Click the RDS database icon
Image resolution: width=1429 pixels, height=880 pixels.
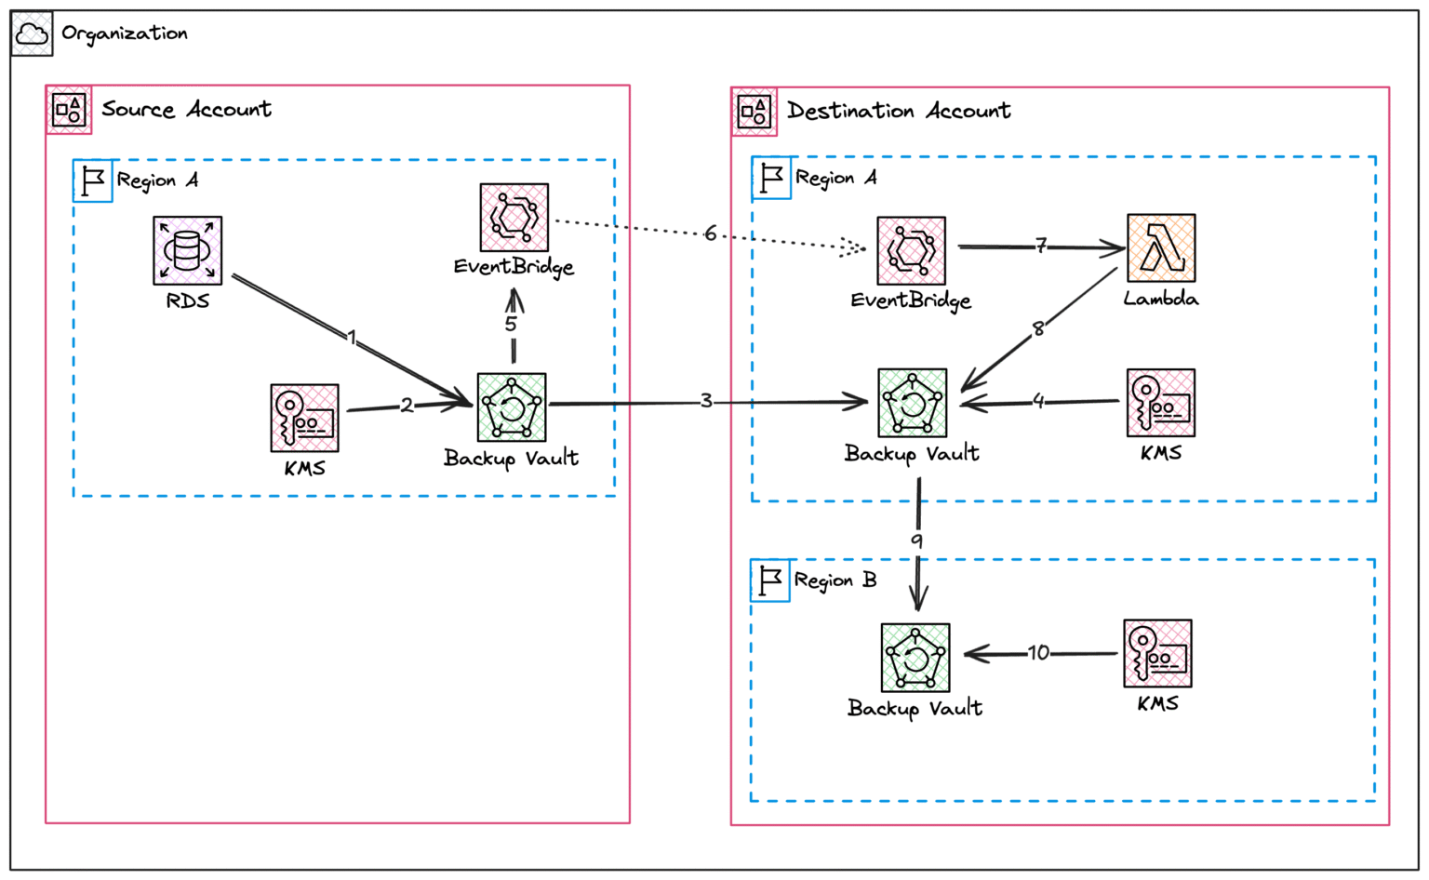[x=187, y=250]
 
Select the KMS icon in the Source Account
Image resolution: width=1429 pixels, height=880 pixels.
[x=304, y=418]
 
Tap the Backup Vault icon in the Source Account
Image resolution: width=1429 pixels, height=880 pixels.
[x=511, y=407]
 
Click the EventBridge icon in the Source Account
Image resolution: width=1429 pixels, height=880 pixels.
[x=514, y=218]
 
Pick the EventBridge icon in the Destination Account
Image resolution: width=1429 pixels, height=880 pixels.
[x=911, y=250]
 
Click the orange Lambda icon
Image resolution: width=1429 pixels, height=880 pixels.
[x=1160, y=247]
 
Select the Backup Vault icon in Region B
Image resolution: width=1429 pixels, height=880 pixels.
[x=915, y=658]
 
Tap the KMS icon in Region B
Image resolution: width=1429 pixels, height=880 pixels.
[x=1157, y=653]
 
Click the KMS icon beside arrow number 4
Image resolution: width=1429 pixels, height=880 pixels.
[x=1160, y=403]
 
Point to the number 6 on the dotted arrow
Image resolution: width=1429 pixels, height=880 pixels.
[x=711, y=233]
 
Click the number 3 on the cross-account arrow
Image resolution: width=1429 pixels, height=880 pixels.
[x=706, y=401]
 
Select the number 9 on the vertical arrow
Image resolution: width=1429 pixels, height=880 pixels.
[x=916, y=540]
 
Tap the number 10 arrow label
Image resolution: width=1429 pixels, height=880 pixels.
[x=1038, y=653]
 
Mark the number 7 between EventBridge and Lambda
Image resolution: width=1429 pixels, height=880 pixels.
[x=1041, y=246]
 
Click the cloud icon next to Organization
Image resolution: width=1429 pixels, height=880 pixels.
[x=32, y=34]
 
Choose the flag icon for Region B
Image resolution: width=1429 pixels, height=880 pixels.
[x=770, y=580]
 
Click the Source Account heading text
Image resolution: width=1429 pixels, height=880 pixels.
[x=186, y=110]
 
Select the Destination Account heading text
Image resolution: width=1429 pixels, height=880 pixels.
[x=898, y=112]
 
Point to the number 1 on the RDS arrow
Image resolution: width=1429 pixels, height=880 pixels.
[x=352, y=337]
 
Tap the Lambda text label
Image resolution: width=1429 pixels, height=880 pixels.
[x=1160, y=299]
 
